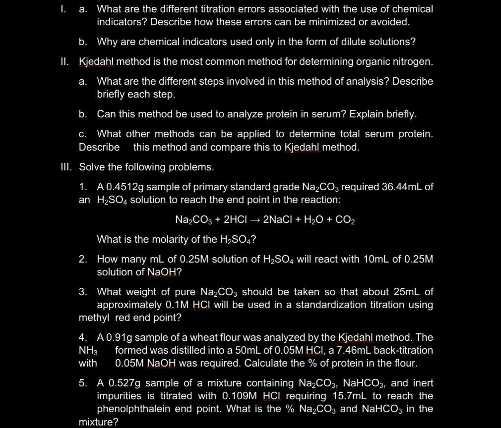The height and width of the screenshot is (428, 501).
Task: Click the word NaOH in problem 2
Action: click(x=161, y=272)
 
